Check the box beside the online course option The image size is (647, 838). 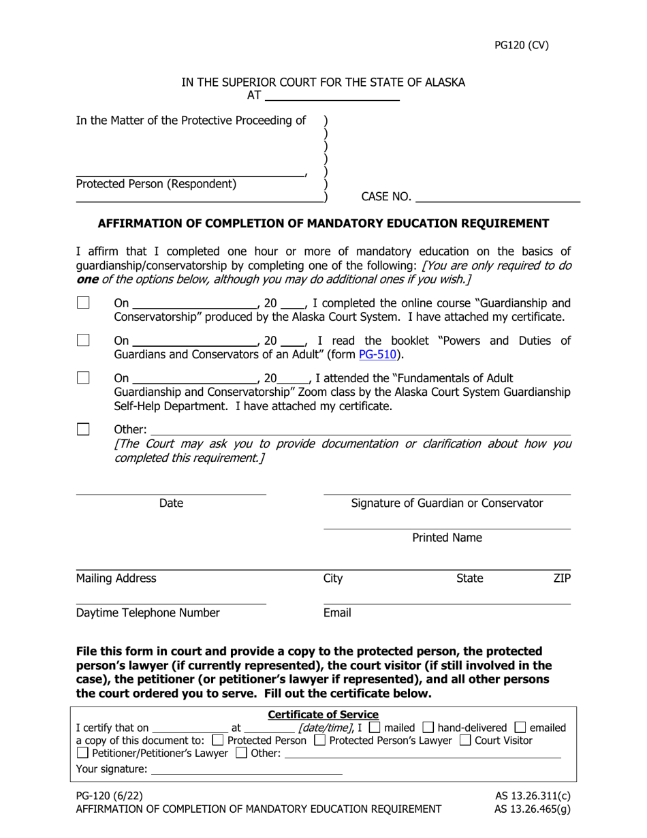pos(83,302)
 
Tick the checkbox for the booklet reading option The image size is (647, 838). pos(83,340)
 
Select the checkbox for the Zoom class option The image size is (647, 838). pos(83,377)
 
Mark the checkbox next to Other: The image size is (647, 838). pos(83,429)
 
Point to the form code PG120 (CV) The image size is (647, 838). pos(521,46)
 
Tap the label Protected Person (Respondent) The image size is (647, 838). pos(157,184)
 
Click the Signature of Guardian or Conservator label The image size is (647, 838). pos(447,503)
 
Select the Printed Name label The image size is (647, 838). pos(447,538)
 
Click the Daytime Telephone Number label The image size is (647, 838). pos(148,612)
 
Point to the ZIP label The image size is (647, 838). pos(562,578)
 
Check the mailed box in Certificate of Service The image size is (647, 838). pos(375,728)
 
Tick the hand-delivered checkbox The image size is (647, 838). pos(428,728)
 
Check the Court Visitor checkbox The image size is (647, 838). pos(467,741)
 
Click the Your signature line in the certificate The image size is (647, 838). pos(246,770)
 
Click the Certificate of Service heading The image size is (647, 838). pos(323,715)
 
